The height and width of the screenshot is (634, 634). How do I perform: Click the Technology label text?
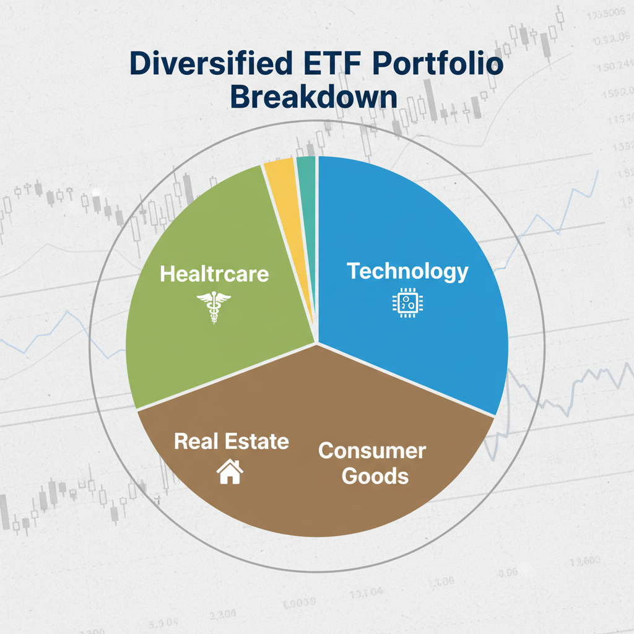point(407,271)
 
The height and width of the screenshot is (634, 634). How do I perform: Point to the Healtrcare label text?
point(214,274)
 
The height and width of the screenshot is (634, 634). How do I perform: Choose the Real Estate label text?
point(232,441)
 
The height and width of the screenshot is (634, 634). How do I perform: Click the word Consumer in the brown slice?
point(372,450)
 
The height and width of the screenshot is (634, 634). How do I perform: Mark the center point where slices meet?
point(318,342)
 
